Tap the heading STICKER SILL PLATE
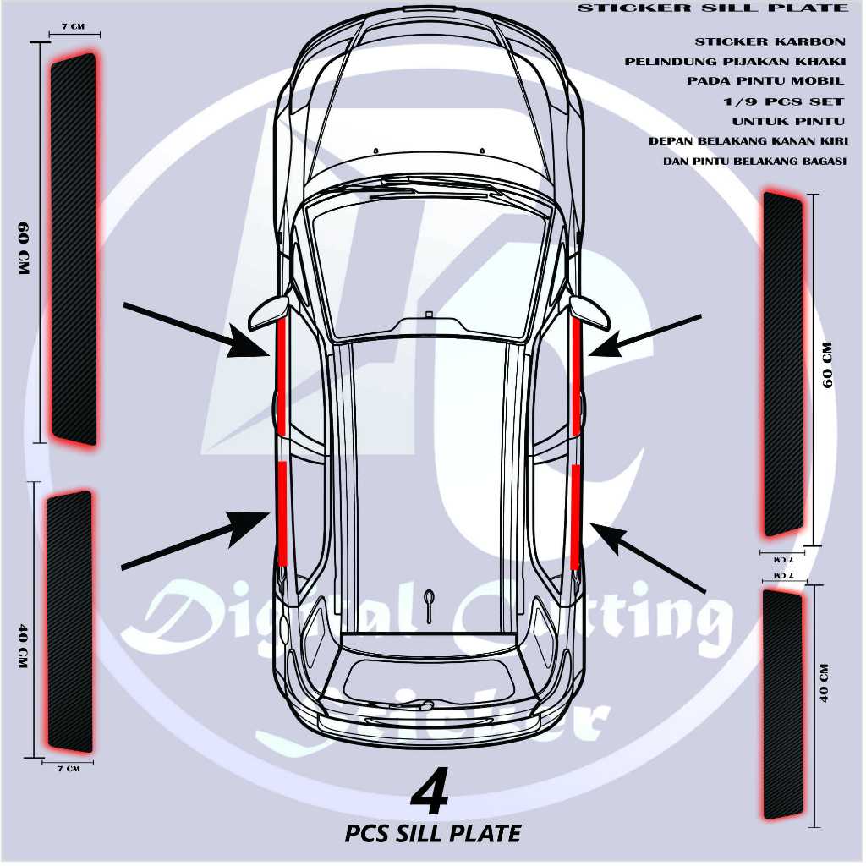pyautogui.click(x=713, y=8)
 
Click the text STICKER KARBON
pyautogui.click(x=770, y=41)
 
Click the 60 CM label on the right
pyautogui.click(x=828, y=364)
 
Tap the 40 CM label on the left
pyautogui.click(x=22, y=647)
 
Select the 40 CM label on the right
pyautogui.click(x=825, y=683)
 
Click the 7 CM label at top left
pyautogui.click(x=74, y=26)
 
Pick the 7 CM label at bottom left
pyautogui.click(x=67, y=769)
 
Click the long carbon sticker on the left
pyautogui.click(x=74, y=249)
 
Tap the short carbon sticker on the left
pyautogui.click(x=69, y=622)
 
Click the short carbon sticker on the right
pyautogui.click(x=783, y=704)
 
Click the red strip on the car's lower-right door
pyautogui.click(x=575, y=516)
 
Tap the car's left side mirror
pyautogui.click(x=269, y=314)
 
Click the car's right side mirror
pyautogui.click(x=589, y=312)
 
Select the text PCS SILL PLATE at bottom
pyautogui.click(x=433, y=833)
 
